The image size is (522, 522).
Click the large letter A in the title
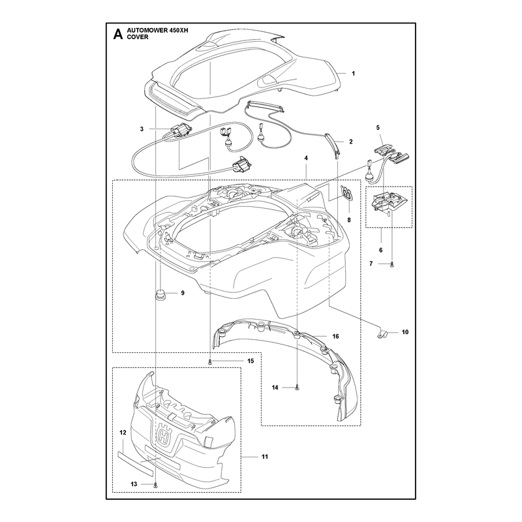coord(117,35)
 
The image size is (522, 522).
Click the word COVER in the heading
coord(138,37)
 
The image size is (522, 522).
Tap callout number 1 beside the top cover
coord(353,74)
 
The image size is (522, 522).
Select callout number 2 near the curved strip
coord(350,142)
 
